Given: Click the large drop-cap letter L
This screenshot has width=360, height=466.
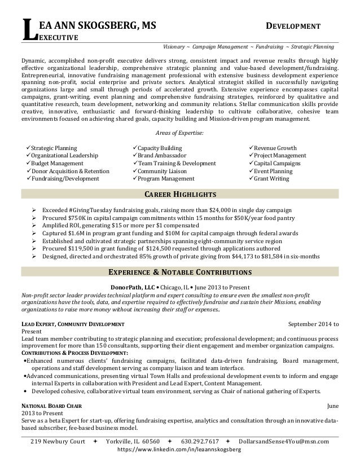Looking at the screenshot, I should pos(26,30).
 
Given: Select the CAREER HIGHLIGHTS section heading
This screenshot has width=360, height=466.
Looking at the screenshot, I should pos(180,195).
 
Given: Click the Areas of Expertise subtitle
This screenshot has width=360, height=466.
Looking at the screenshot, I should pos(179,133).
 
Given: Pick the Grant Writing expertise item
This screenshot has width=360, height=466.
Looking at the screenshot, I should pos(271,179).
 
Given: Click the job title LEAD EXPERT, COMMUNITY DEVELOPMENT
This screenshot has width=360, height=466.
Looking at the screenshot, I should pos(73,324).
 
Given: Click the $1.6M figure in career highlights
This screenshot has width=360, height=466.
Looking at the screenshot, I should pos(71,232).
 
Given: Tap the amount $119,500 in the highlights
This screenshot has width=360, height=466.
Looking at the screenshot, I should pos(80,248).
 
